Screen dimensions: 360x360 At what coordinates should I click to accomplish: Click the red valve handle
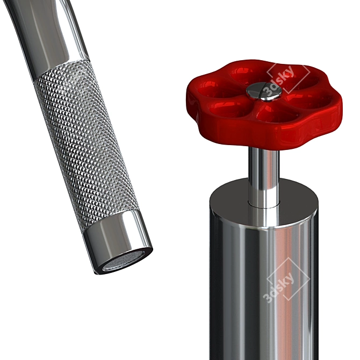tap(264, 104)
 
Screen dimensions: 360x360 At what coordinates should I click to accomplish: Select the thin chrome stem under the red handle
tap(264, 177)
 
